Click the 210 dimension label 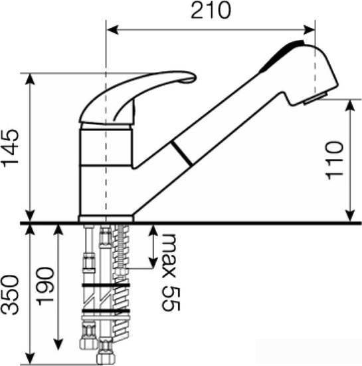click(211, 11)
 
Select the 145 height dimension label click(11, 148)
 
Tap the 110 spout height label click(335, 160)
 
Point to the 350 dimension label click(10, 295)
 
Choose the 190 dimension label click(45, 286)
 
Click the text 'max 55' click(171, 272)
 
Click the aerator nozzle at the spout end click(316, 98)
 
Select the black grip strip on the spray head click(282, 56)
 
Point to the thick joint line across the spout click(182, 153)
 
